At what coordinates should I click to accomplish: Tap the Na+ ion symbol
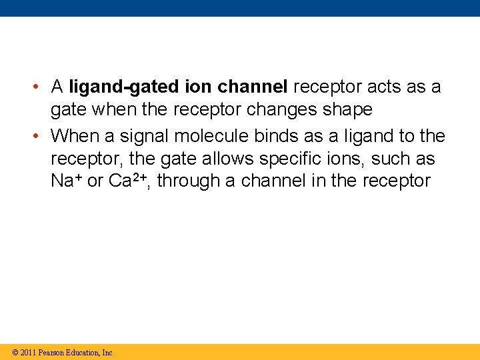click(66, 181)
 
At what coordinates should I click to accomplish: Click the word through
click(189, 181)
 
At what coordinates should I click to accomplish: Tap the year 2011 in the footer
click(28, 352)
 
